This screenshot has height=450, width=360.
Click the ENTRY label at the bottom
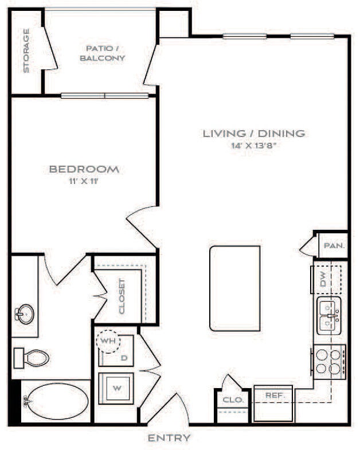point(169,439)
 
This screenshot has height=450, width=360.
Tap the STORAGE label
point(26,51)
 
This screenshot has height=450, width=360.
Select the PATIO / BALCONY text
point(103,53)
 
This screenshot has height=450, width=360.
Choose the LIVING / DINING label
point(254,134)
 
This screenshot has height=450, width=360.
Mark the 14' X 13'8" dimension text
point(254,146)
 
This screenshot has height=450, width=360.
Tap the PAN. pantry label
point(334,245)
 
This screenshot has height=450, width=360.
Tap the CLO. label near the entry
point(233,400)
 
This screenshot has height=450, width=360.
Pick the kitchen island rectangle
point(235,288)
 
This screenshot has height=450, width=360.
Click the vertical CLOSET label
point(122,296)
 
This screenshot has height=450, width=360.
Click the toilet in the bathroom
point(32,358)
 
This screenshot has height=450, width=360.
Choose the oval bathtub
point(56,401)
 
